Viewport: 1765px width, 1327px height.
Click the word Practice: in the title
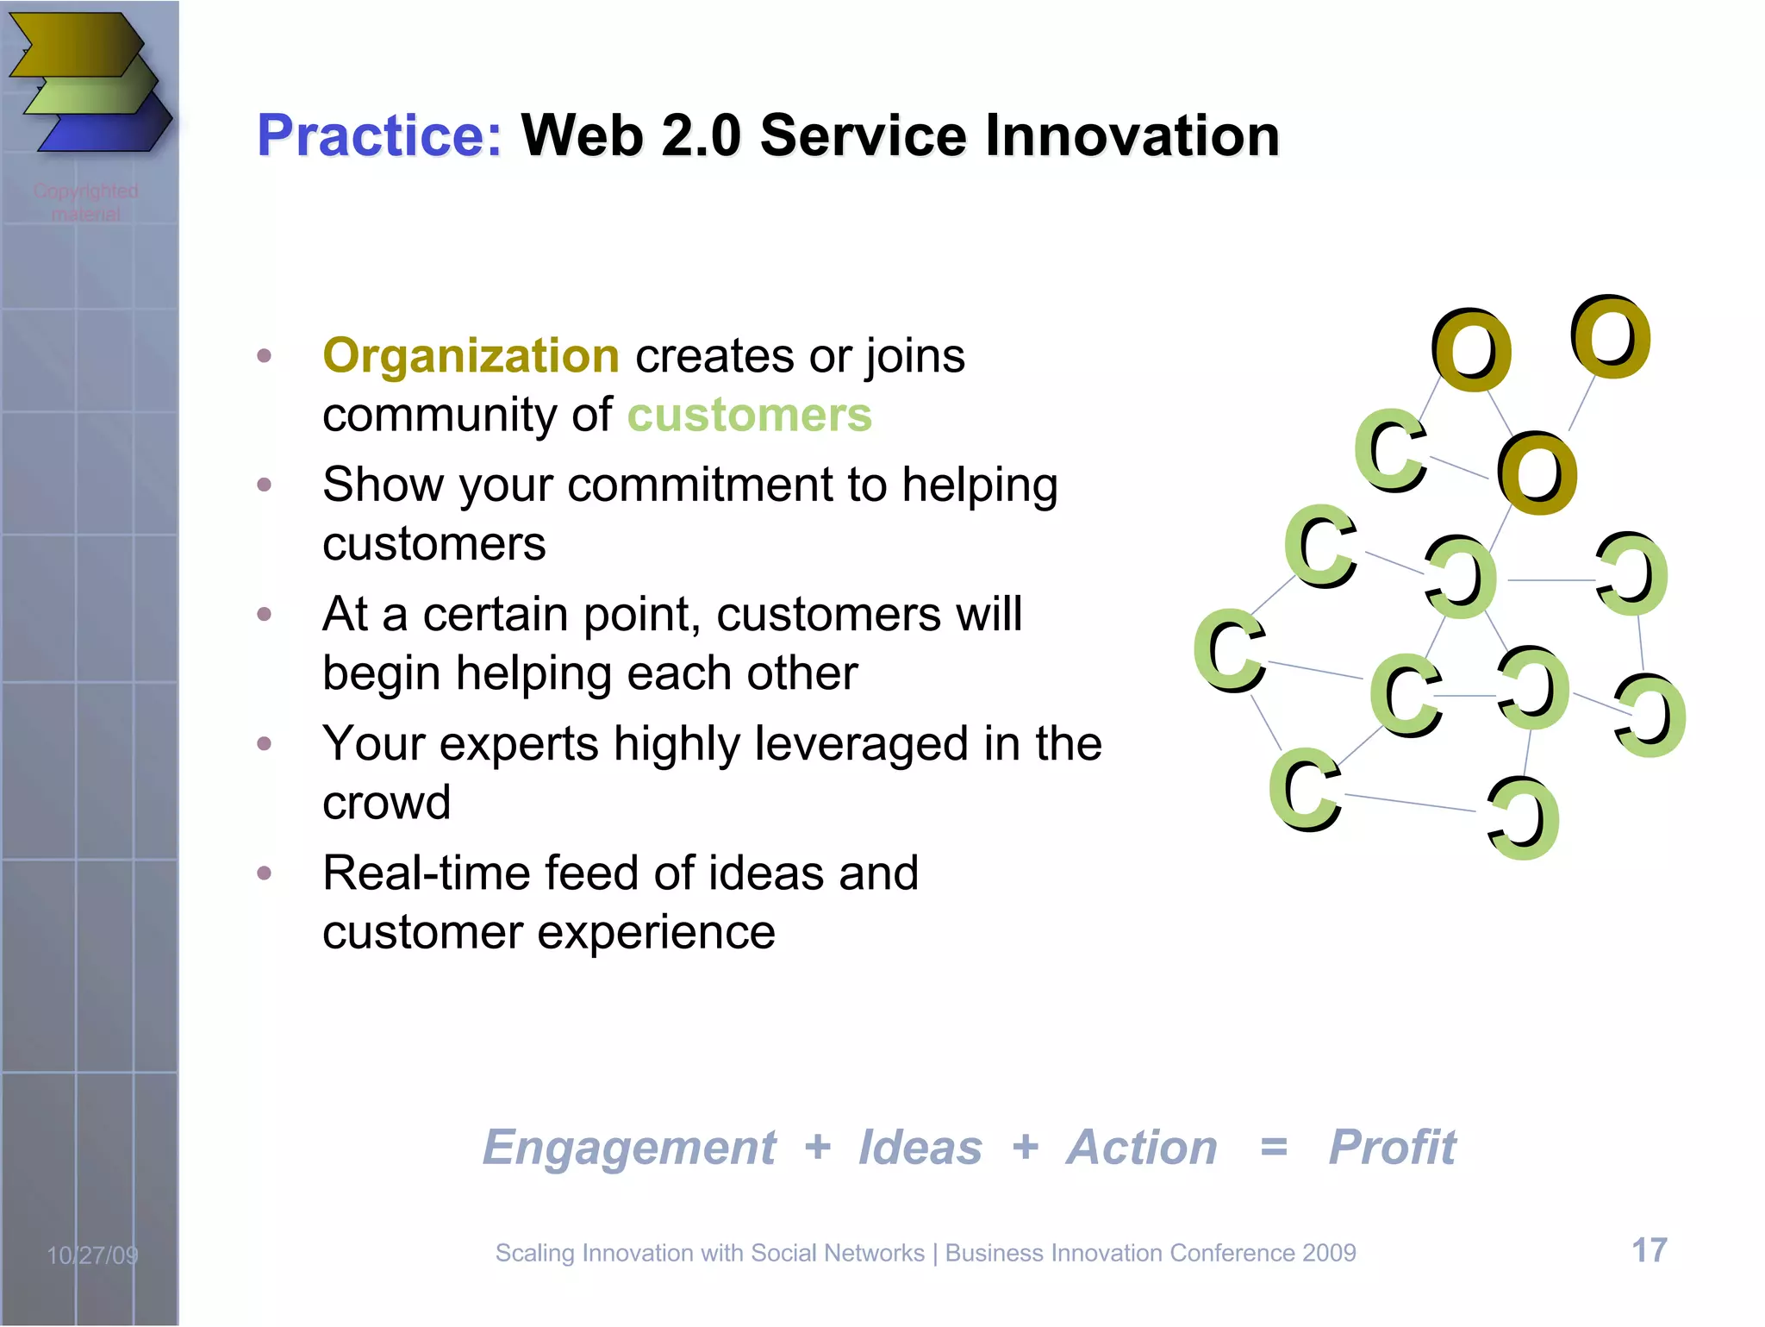379,136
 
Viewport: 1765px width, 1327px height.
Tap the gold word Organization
471,356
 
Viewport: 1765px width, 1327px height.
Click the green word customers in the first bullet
749,416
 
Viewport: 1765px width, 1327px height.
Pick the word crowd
386,803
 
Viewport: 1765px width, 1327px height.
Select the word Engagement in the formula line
629,1148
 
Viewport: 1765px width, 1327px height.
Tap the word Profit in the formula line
1392,1148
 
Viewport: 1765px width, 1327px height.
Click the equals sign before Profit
1274,1148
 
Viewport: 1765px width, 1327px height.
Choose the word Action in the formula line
1142,1148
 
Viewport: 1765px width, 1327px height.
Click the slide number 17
1649,1250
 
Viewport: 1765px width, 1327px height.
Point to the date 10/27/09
92,1255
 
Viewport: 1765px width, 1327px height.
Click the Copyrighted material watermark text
85,202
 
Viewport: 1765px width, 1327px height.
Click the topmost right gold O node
1609,337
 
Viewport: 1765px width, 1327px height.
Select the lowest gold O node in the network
1537,473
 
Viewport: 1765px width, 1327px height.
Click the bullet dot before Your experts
265,744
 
